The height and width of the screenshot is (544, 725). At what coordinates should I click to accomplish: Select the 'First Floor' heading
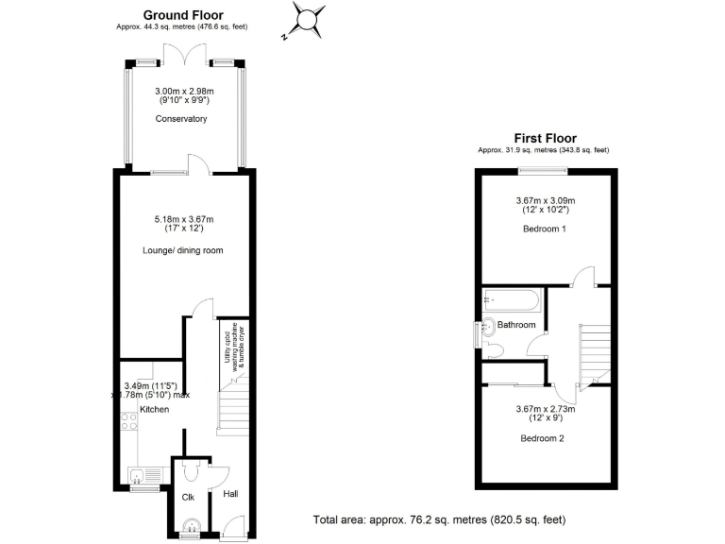tap(544, 138)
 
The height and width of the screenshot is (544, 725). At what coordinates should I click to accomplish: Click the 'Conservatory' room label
tap(181, 119)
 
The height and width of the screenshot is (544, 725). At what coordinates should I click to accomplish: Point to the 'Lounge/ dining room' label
tap(181, 249)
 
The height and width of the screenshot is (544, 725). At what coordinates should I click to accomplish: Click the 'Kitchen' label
tap(154, 410)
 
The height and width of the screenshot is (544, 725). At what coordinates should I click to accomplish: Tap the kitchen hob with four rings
tap(129, 434)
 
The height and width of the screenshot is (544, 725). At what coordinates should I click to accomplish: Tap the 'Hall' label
tap(229, 494)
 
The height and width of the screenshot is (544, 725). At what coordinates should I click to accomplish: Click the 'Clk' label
tap(188, 497)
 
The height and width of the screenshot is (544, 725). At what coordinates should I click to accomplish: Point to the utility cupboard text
tap(233, 346)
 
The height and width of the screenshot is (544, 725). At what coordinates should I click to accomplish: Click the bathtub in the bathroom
tap(510, 301)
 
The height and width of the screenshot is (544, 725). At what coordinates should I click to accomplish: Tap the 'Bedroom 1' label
tap(545, 240)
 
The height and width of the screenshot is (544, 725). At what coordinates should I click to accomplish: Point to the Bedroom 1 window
tap(543, 171)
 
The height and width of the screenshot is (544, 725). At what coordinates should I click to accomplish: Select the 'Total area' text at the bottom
tap(439, 520)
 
